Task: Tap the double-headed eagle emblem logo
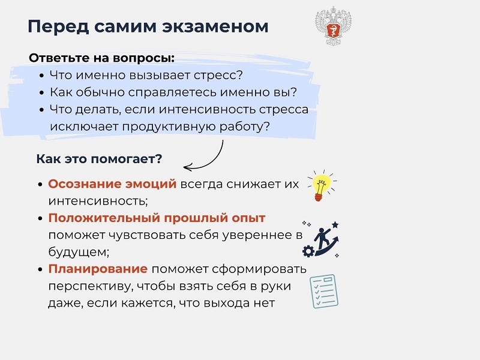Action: click(333, 26)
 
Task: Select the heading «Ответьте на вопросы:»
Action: click(101, 58)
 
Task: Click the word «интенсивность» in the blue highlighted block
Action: click(208, 110)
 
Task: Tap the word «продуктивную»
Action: click(169, 127)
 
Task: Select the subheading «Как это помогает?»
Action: click(99, 159)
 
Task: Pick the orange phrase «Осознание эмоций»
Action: click(112, 184)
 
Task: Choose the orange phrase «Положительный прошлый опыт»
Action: click(157, 218)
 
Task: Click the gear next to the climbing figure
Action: click(308, 251)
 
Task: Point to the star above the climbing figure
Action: click(335, 225)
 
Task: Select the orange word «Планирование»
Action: click(98, 269)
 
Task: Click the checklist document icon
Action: click(324, 291)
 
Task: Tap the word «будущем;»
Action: click(79, 252)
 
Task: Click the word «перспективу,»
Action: click(91, 286)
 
